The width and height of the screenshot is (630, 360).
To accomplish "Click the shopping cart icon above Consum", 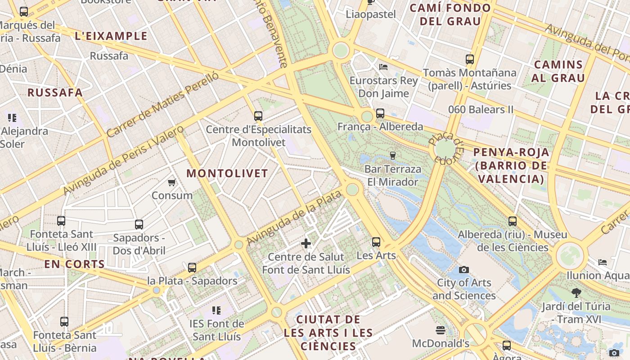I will coord(171,182).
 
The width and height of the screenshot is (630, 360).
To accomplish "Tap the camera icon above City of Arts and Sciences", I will coord(463,270).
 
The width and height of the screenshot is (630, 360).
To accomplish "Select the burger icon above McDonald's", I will coord(441,330).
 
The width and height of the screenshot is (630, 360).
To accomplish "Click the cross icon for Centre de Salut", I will coord(306,243).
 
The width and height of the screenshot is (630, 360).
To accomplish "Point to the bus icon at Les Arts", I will coord(376,242).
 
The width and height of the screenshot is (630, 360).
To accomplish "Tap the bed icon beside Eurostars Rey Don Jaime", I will coord(383,67).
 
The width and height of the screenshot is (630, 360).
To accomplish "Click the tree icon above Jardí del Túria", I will coord(576,293).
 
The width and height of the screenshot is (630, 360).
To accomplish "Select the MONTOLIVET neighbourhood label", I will coord(227,173).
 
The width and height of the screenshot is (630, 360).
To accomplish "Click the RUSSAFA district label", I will coord(55,93).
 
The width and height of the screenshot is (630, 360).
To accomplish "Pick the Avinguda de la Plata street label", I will coord(295,218).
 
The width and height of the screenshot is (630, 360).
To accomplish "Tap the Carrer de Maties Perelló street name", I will coord(163,104).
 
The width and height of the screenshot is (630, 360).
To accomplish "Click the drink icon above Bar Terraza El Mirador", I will coord(393,156).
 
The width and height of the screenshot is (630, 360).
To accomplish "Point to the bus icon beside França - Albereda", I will coord(380,113).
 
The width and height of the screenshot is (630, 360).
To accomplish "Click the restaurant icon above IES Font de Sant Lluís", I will coord(216,310).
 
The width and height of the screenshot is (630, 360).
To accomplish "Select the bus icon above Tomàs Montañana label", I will coord(470,59).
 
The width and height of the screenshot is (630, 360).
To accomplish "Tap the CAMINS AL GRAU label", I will coord(558,71).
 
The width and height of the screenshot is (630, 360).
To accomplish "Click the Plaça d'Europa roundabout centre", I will coord(445,149).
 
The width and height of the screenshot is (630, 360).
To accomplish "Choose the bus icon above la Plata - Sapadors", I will coord(192,268).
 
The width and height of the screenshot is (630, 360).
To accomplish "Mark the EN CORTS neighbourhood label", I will coord(74,264).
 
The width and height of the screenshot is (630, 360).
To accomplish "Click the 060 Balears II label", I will coord(481,109).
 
